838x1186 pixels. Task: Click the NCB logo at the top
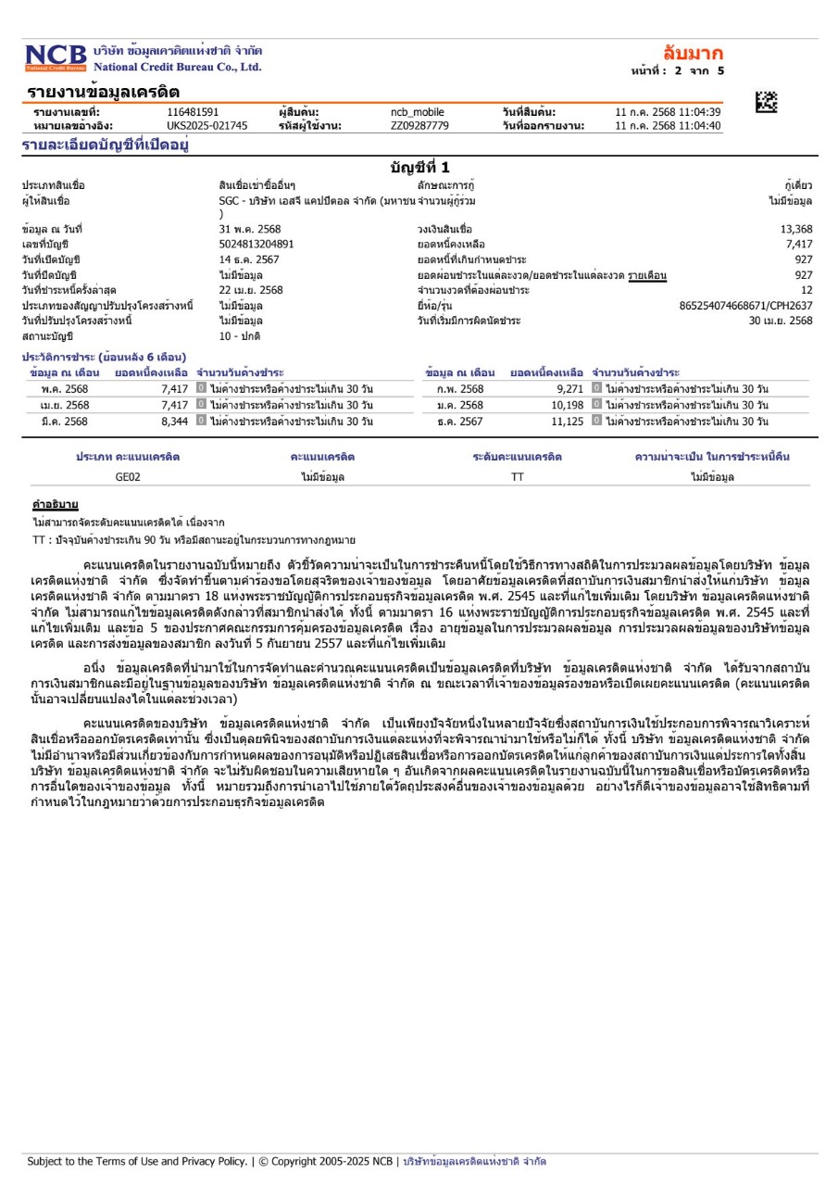coord(56,57)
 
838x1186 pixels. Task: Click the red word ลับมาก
coord(693,52)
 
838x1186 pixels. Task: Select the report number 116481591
coord(193,112)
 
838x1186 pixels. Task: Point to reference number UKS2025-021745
coord(207,125)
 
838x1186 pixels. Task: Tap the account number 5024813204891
coord(256,244)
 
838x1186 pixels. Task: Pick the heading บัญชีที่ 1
coord(419,168)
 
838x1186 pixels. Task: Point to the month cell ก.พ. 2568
coord(459,389)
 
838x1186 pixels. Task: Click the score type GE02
coord(128,477)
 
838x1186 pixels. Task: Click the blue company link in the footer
coord(474,1160)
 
